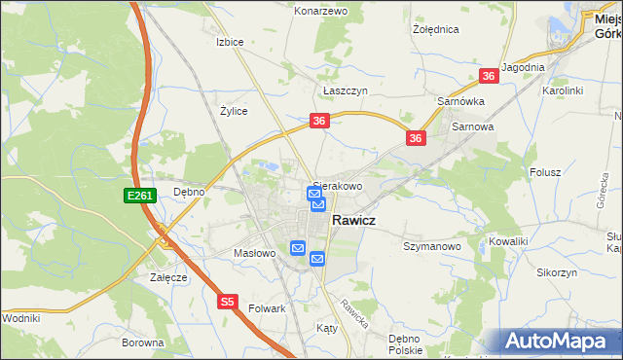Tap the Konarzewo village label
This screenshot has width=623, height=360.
point(321,11)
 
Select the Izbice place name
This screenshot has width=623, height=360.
point(229,42)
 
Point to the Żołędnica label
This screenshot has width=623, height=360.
point(435,29)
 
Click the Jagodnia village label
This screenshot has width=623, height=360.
point(523,67)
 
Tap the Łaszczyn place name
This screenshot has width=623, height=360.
point(345,90)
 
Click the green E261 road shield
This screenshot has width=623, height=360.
point(139,196)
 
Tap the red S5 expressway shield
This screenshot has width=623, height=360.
point(227,302)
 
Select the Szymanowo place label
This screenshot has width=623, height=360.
point(431,247)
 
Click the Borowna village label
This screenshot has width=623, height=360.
point(143,342)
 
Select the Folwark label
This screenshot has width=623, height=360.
point(265,308)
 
